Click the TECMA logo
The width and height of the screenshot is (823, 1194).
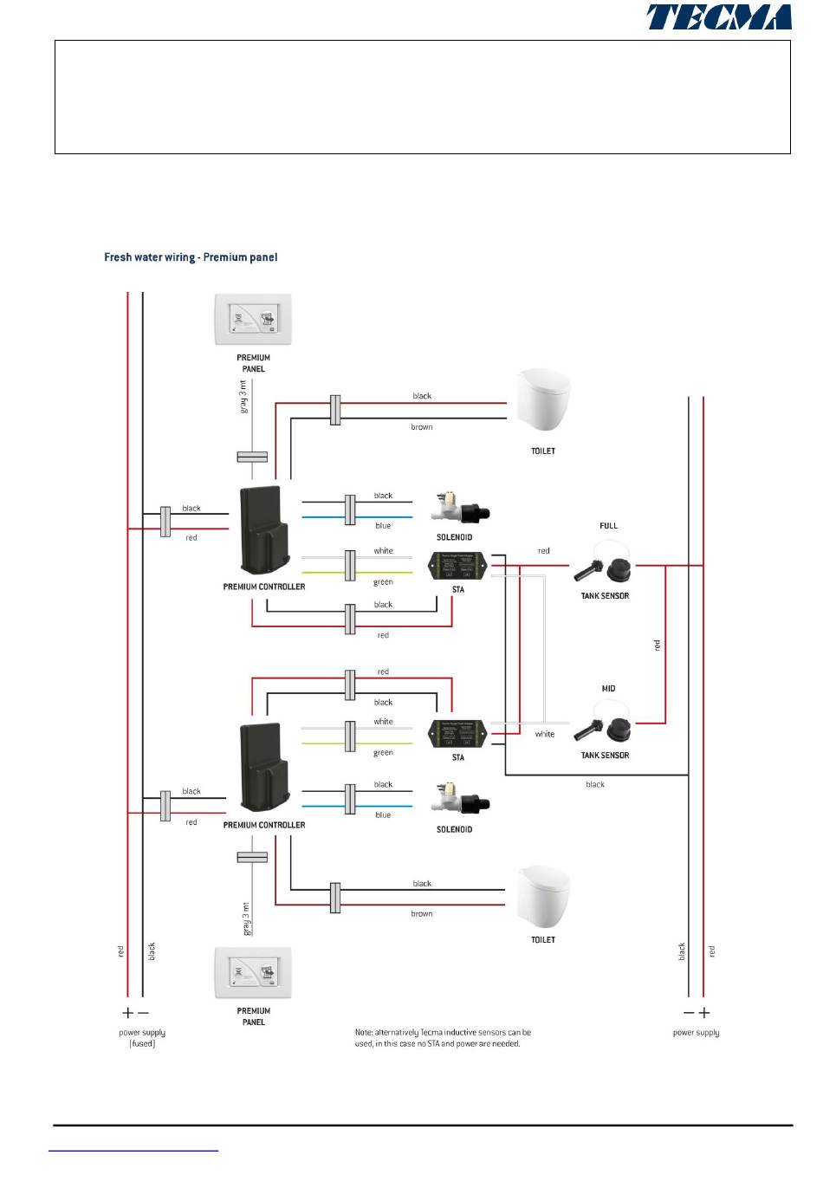pos(718,17)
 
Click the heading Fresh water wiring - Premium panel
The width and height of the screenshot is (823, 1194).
pos(191,257)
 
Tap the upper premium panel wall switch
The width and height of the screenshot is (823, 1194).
pos(253,320)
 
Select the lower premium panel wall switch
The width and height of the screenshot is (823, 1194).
pos(253,973)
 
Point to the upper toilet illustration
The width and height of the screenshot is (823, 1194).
pos(543,400)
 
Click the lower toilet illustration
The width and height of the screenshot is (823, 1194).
pos(543,897)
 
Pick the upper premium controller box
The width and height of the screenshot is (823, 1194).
pos(263,530)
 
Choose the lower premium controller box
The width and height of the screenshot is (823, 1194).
pos(263,768)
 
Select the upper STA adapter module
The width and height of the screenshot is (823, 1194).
pos(457,567)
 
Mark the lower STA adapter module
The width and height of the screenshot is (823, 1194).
pos(457,734)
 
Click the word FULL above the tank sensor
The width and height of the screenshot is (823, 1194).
pos(608,526)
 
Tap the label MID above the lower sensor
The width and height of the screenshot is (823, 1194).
pos(608,689)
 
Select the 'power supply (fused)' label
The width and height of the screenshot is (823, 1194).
pos(142,1038)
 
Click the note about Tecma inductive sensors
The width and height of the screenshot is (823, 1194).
pos(442,1038)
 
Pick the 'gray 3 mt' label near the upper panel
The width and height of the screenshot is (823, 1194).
pos(244,396)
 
